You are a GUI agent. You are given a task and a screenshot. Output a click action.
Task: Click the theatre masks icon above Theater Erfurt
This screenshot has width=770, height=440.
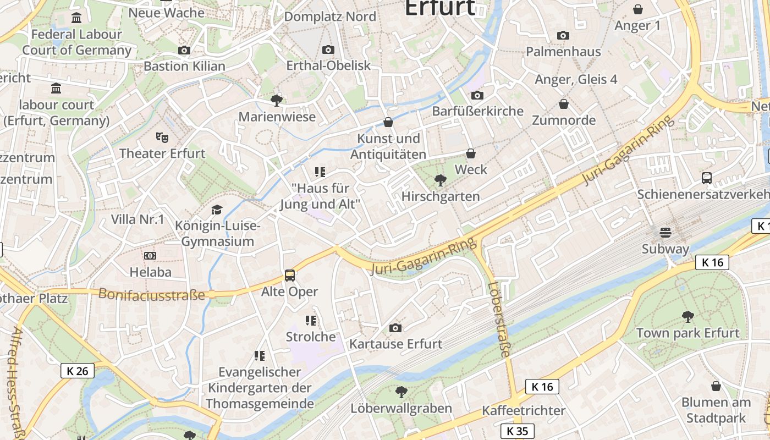click(x=162, y=136)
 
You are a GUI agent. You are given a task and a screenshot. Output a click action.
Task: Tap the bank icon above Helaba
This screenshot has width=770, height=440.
click(x=150, y=255)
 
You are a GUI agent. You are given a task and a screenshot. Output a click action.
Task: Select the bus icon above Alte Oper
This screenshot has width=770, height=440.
click(x=289, y=276)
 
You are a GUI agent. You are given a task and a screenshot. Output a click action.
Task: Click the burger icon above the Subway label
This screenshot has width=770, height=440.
click(x=665, y=232)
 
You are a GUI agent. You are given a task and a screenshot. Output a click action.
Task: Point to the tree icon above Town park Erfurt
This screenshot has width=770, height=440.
click(x=687, y=316)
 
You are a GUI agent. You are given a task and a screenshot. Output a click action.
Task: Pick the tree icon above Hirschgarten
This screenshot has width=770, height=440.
click(x=440, y=180)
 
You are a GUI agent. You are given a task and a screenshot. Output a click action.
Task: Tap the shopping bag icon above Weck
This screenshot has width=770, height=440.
click(x=471, y=153)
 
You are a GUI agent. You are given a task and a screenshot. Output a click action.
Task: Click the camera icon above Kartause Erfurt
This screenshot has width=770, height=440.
click(x=395, y=328)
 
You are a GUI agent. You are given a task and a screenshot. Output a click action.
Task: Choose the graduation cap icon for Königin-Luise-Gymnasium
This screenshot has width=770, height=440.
click(x=217, y=210)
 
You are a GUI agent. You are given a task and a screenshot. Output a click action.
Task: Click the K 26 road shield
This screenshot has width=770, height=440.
click(x=78, y=371)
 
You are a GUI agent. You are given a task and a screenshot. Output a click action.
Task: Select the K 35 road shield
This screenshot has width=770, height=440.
click(x=518, y=431)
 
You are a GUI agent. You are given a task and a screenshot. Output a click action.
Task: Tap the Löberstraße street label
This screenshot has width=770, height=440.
click(x=498, y=320)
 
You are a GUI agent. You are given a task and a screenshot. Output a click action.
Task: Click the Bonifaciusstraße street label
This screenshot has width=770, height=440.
click(x=151, y=294)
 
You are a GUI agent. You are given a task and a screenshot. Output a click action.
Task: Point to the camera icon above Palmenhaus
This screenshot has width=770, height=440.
click(x=563, y=35)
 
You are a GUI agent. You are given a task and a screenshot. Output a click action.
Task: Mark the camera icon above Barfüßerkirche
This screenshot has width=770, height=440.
click(x=477, y=95)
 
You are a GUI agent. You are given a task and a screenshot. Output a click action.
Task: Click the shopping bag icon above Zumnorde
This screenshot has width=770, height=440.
click(x=563, y=104)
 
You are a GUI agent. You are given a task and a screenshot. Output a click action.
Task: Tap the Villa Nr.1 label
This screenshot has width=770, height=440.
click(x=137, y=219)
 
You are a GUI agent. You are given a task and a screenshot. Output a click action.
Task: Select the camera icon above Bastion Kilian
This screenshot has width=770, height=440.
click(x=184, y=50)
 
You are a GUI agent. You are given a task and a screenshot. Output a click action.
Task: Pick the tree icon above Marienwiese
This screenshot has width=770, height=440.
click(x=277, y=100)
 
